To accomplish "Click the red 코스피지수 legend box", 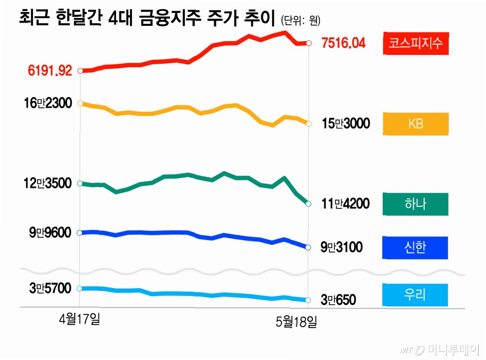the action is (416, 43).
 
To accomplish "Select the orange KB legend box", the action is (415, 123).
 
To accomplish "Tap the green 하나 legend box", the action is (415, 204).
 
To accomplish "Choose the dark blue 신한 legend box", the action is (415, 247).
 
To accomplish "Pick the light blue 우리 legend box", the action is (415, 295).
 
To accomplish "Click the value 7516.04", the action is (343, 43).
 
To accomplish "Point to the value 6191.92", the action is (50, 71).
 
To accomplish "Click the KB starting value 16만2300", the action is (48, 103).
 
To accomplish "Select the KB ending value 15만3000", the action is (346, 123).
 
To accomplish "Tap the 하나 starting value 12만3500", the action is (48, 183).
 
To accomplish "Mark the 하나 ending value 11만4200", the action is (345, 203).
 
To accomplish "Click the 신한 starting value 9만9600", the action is (50, 232).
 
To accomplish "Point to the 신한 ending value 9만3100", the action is (341, 247).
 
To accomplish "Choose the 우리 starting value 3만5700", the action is (50, 288).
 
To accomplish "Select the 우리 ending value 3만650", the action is (338, 300).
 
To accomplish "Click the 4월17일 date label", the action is (79, 319).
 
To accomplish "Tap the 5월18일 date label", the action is (296, 322).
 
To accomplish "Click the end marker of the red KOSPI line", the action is (309, 43).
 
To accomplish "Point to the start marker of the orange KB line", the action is (80, 103).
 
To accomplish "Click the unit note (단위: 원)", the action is (300, 21).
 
